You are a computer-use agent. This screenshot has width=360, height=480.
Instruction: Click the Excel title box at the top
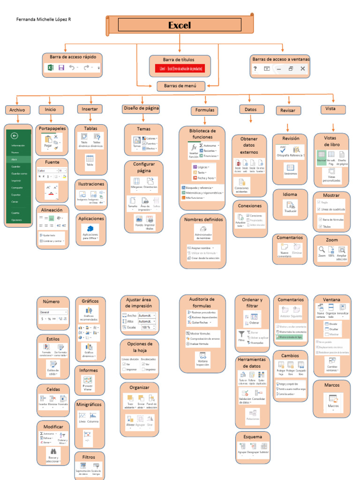tap(180, 25)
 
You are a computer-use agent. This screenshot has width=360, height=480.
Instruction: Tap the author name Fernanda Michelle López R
tap(44, 20)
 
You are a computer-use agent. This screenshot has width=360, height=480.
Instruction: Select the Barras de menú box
tap(181, 86)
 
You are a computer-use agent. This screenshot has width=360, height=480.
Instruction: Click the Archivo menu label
tap(17, 110)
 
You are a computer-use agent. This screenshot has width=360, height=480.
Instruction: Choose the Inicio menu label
tap(50, 109)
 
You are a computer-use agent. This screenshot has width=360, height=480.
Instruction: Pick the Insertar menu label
tap(90, 109)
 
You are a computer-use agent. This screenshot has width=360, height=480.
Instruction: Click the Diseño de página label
tap(141, 108)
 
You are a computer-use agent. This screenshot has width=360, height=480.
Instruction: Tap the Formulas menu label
tap(204, 110)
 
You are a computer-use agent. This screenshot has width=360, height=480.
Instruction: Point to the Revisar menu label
tap(288, 110)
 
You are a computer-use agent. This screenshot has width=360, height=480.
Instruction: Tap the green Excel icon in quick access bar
tap(50, 68)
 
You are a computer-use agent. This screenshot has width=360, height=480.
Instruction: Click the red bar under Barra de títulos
tap(180, 69)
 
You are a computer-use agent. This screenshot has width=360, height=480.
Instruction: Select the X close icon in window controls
tap(303, 68)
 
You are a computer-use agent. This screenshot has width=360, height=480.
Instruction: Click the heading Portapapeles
tap(52, 128)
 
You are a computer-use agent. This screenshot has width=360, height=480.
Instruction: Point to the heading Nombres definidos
tap(203, 219)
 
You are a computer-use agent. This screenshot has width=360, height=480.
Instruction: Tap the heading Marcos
tap(332, 385)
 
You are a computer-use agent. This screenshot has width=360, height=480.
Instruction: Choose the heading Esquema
tap(253, 436)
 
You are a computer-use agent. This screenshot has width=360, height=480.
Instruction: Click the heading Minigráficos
tap(90, 404)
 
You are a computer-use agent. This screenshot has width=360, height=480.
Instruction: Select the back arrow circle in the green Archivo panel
tap(14, 136)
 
